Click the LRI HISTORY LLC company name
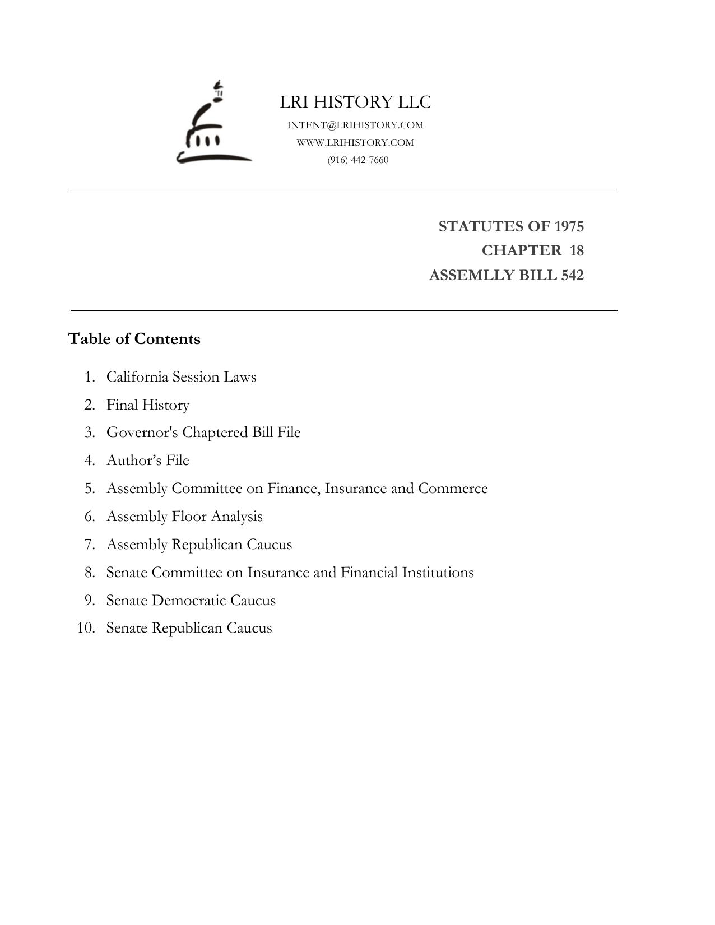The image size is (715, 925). [355, 102]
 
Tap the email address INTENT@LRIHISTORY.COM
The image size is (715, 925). [355, 125]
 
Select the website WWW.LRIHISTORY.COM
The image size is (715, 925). [355, 142]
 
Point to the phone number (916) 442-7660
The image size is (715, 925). [358, 160]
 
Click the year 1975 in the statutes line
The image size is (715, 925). [569, 226]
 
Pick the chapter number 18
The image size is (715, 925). [577, 250]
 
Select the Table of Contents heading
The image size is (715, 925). [134, 339]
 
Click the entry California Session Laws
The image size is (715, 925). [181, 376]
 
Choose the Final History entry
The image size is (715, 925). [148, 405]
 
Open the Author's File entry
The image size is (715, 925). [148, 461]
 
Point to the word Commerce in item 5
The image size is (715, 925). [453, 489]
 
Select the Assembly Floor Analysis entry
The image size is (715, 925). [184, 517]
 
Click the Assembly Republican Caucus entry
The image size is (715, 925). [199, 545]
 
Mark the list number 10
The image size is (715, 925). [85, 628]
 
